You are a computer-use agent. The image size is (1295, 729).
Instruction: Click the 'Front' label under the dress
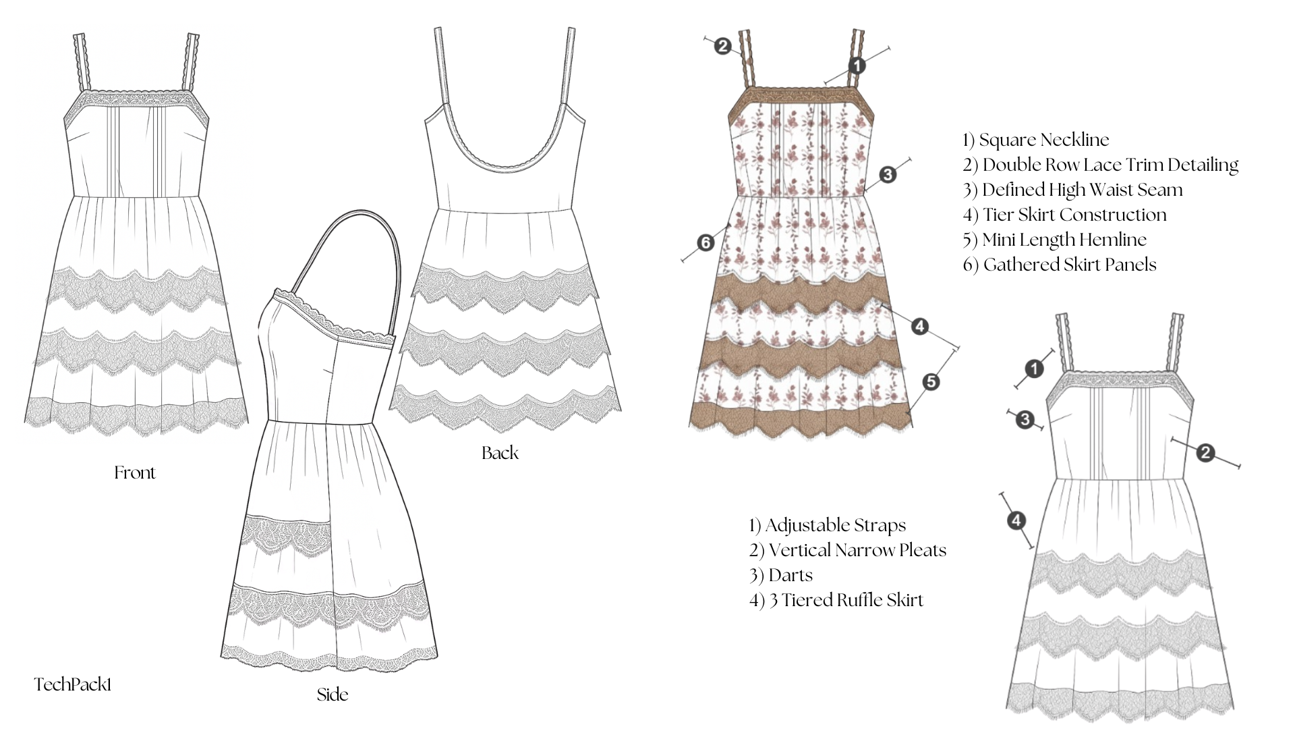coord(135,473)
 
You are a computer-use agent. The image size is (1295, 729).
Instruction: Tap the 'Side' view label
coord(333,695)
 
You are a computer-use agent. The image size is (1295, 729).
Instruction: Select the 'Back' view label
coord(500,453)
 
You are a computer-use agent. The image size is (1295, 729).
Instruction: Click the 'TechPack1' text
coord(73,684)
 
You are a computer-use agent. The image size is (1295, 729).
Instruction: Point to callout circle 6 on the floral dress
coord(706,242)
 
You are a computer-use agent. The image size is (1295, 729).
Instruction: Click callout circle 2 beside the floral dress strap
coord(722,47)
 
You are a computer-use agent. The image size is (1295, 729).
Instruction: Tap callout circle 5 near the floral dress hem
coord(930,382)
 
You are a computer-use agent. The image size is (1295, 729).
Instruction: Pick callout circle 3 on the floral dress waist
coord(888,175)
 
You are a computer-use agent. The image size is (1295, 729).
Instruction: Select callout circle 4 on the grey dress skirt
coord(1016,520)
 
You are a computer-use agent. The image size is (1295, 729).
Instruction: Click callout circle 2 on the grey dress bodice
coord(1206,453)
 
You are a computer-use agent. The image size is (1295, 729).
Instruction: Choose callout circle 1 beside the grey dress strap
coord(1034,369)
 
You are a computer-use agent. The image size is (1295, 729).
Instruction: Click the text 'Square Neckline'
coord(1044,140)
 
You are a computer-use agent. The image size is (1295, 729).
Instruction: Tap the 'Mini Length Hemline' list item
coord(1064,240)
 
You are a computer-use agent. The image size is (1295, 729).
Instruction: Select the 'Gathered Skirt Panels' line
coord(1070,265)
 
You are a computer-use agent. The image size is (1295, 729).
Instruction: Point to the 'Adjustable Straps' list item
coord(835,525)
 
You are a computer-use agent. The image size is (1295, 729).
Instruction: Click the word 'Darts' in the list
coord(790,575)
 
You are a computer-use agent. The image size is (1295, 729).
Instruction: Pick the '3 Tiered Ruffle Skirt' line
coord(846,600)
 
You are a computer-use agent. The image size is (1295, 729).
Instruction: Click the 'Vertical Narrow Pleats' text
coord(857,550)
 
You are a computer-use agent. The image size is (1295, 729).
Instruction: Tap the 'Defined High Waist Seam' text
coord(1083,190)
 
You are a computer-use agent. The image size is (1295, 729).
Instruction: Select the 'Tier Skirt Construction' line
coord(1074,215)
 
